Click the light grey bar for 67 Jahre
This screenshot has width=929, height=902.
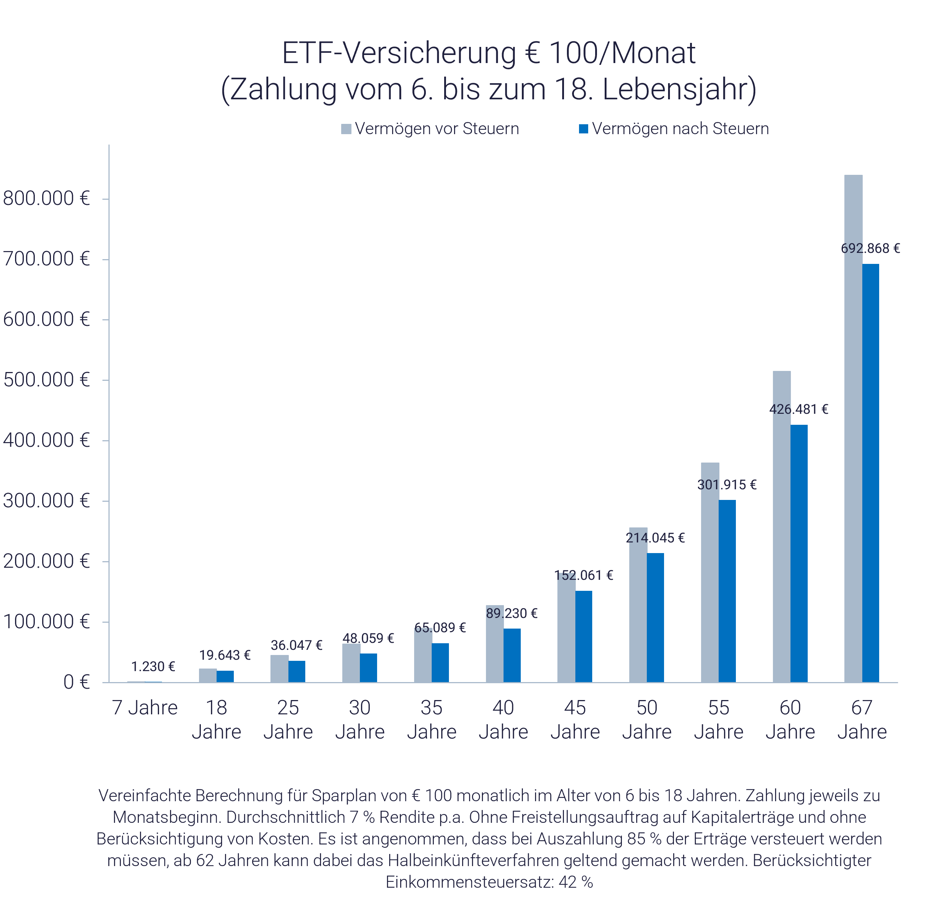[853, 427]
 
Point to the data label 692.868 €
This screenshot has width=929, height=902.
[870, 248]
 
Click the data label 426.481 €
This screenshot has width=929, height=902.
[799, 409]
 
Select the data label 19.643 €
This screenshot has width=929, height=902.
[225, 655]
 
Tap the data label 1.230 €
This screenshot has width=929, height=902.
[152, 666]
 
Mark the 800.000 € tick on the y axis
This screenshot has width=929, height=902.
[105, 199]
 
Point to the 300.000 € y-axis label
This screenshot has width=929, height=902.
[46, 501]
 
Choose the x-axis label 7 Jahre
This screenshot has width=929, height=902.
[145, 708]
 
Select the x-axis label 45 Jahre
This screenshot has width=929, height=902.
[575, 719]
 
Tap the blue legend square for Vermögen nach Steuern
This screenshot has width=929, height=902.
[583, 129]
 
